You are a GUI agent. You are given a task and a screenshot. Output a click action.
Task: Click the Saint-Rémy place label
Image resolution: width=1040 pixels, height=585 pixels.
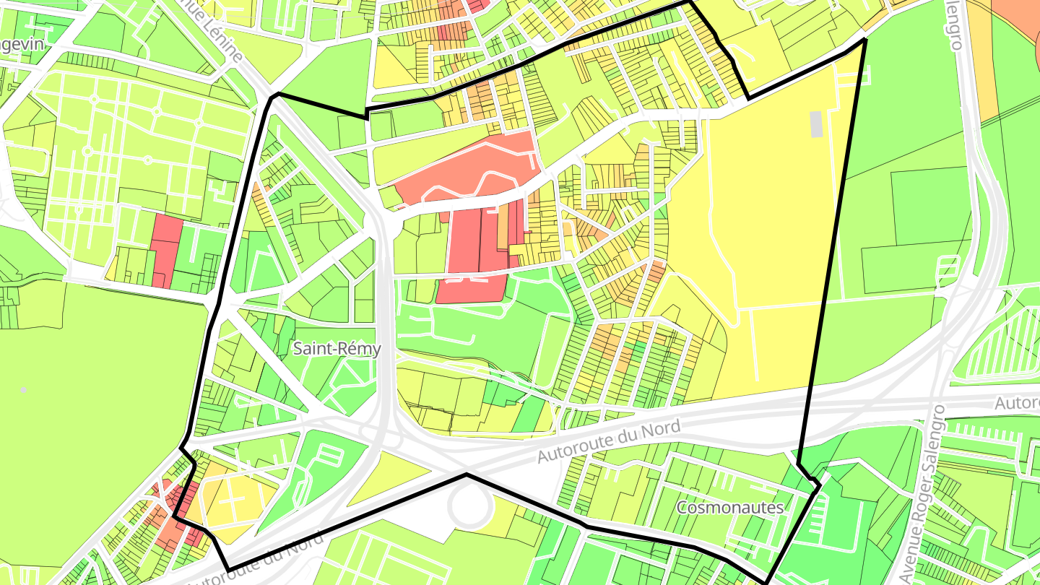coord(337,348)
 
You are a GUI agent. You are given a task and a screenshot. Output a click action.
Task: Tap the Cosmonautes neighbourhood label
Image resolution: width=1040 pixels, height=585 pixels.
coord(729,507)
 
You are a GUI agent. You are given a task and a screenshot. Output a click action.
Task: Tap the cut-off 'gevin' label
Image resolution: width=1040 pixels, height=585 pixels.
coord(22,44)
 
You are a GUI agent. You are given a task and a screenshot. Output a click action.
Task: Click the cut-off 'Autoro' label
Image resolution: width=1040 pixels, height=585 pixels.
coord(1017,403)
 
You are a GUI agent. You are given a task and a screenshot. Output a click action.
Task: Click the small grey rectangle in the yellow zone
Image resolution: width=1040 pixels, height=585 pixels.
coord(816,123)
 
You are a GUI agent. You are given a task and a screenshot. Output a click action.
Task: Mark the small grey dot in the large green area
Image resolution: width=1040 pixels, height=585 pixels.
coord(24,389)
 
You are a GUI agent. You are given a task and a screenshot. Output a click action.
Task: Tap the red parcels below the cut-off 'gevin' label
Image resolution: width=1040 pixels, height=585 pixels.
coord(168,249)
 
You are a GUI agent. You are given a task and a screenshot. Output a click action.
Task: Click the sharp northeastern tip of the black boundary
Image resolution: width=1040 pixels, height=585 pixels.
coord(864,40)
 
